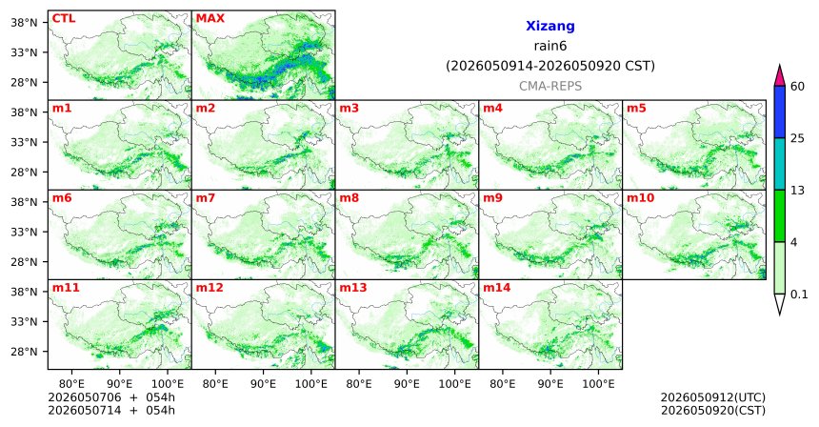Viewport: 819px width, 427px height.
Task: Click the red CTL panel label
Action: pyautogui.click(x=64, y=18)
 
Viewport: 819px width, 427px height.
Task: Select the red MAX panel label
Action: pyautogui.click(x=210, y=18)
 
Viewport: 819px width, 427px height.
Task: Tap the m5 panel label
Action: pyautogui.click(x=636, y=109)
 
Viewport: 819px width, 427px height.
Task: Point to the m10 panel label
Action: pyautogui.click(x=640, y=198)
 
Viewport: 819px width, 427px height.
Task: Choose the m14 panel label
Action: pyautogui.click(x=496, y=288)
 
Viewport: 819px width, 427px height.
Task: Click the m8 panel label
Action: pyautogui.click(x=349, y=198)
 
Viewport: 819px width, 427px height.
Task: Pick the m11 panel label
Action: pyautogui.click(x=66, y=288)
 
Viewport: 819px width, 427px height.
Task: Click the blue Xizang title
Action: pyautogui.click(x=550, y=26)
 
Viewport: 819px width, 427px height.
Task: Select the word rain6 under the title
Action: pyautogui.click(x=550, y=46)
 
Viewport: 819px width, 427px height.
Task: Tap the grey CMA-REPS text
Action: pyautogui.click(x=550, y=86)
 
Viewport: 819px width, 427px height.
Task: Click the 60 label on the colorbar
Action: pyautogui.click(x=797, y=86)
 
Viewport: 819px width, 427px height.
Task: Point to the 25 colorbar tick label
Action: pyautogui.click(x=797, y=138)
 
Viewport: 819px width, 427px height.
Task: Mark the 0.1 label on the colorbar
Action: pyautogui.click(x=799, y=295)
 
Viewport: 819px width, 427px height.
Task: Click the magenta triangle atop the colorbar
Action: pyautogui.click(x=780, y=76)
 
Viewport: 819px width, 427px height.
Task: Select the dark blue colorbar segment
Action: pyautogui.click(x=780, y=112)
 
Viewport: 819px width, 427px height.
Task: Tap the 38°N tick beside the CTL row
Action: pyautogui.click(x=24, y=23)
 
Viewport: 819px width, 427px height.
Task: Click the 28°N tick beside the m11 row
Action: pyautogui.click(x=24, y=352)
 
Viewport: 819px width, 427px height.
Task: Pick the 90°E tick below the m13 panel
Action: pyautogui.click(x=407, y=384)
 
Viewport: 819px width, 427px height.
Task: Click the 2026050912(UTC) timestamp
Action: pyautogui.click(x=713, y=398)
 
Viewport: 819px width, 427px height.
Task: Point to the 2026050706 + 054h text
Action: pyautogui.click(x=111, y=397)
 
